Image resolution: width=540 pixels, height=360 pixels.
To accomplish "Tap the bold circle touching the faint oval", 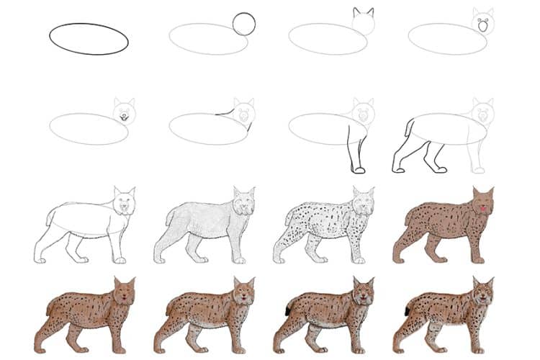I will point(244,24).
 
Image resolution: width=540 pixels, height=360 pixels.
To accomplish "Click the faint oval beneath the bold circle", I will point(209,39).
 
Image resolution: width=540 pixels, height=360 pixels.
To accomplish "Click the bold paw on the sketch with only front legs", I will point(358,170).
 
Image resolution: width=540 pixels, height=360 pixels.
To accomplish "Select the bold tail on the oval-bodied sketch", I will point(408,128).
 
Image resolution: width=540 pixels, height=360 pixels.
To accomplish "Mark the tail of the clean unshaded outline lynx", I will point(48,217).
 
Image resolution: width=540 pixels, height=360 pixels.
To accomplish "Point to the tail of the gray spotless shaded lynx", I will point(168,217).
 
